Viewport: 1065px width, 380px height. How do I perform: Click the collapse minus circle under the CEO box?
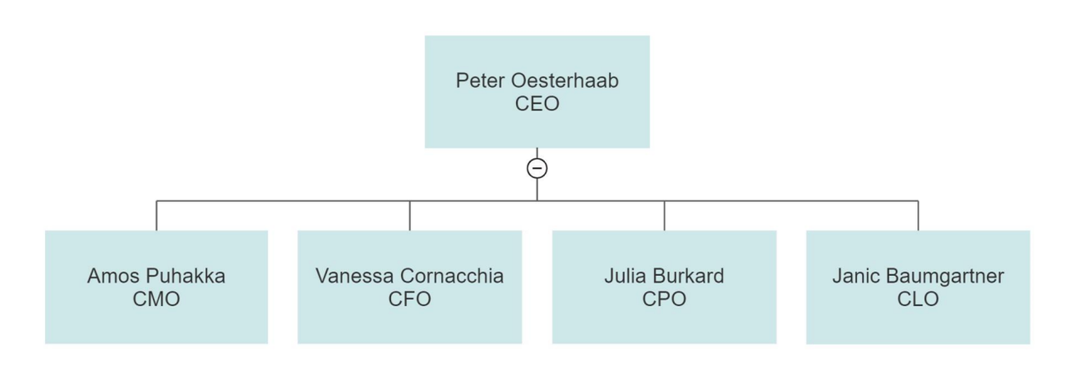(537, 168)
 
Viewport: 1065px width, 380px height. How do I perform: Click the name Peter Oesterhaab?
(537, 81)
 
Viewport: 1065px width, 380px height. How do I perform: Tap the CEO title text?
(537, 104)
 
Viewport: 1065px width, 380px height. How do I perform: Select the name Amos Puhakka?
(156, 276)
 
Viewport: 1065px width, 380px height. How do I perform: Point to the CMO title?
(156, 299)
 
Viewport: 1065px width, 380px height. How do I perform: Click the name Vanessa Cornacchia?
(409, 276)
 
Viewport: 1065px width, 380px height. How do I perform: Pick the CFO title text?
(409, 299)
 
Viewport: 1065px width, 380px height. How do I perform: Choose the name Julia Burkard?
(664, 276)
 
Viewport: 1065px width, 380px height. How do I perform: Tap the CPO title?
(664, 299)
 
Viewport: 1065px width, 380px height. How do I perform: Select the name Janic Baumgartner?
(918, 276)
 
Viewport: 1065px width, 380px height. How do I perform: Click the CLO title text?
(918, 299)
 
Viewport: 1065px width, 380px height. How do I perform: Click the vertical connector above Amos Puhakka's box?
(156, 215)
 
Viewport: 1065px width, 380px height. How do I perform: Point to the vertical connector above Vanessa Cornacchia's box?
(409, 215)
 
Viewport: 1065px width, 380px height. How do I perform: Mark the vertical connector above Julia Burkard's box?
(664, 215)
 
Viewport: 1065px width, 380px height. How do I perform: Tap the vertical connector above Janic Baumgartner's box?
(918, 215)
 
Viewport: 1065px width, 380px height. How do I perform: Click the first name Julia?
(625, 276)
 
